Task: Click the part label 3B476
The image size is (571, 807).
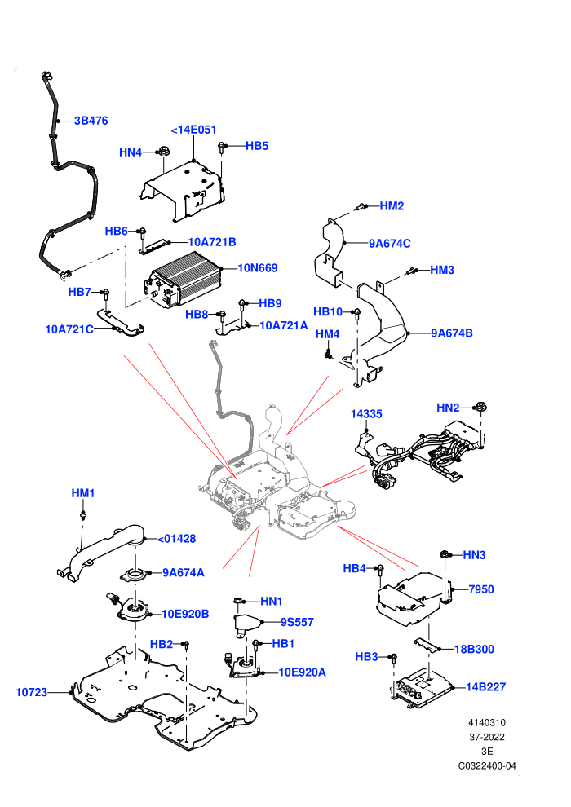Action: [91, 121]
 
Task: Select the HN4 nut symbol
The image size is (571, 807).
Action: [162, 152]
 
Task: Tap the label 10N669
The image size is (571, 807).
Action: [258, 267]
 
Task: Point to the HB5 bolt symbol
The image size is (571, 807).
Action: [222, 147]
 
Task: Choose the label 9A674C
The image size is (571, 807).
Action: [390, 244]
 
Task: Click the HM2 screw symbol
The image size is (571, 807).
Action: [361, 206]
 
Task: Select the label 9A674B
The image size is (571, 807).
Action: [452, 333]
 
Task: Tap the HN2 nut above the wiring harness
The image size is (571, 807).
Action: [481, 407]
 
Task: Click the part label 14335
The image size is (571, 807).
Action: [366, 414]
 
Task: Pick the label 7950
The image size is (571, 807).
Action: [481, 589]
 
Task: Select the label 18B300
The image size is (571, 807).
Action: [474, 649]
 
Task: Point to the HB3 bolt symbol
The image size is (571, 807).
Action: [394, 659]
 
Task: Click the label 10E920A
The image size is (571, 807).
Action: [303, 672]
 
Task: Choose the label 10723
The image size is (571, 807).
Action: [32, 692]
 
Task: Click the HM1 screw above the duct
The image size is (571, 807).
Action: [82, 514]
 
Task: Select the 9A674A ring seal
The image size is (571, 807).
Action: [135, 575]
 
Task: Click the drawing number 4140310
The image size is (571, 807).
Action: [486, 722]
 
